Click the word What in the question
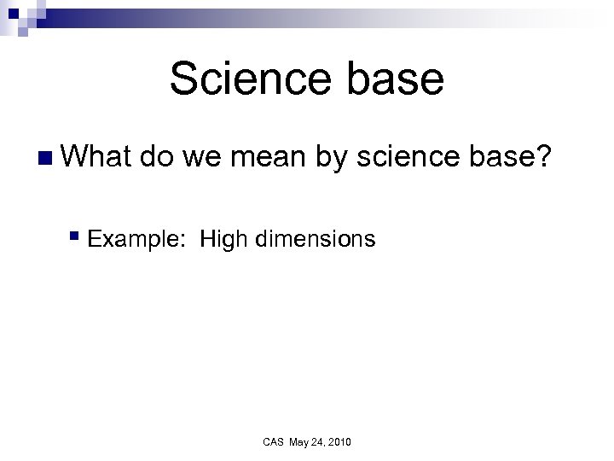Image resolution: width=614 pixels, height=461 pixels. click(x=98, y=157)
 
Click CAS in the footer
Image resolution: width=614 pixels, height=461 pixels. click(x=273, y=441)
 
